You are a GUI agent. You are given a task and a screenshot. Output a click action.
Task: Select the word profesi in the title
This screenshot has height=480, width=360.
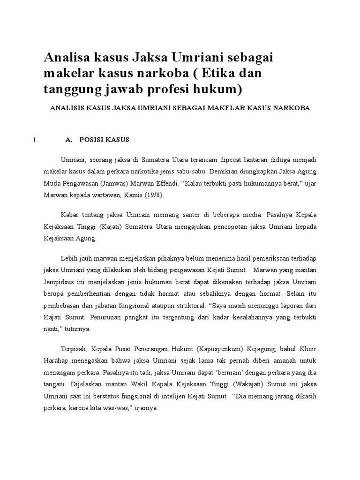(165, 88)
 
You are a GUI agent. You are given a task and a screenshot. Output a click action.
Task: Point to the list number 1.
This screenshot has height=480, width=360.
(33, 140)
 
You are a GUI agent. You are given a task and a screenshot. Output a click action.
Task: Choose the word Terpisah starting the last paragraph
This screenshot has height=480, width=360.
(73, 349)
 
